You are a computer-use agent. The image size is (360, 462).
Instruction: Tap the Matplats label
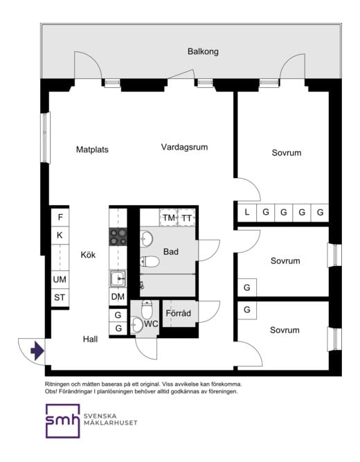92,149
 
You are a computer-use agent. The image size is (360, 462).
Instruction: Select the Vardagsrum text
184,147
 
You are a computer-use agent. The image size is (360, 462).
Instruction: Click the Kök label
88,254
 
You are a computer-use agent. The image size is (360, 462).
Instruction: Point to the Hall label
90,339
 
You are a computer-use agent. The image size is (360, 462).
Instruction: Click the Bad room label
171,252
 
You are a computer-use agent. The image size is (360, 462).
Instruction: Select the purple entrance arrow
37,352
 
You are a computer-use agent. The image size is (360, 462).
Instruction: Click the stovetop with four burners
118,237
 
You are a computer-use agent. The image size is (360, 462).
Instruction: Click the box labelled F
60,217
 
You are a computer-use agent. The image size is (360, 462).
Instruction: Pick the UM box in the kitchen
60,280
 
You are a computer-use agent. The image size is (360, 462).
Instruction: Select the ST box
60,298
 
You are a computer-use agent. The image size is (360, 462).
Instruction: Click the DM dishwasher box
118,297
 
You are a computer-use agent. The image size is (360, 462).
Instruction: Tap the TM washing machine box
169,218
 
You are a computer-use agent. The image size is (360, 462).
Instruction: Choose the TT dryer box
187,218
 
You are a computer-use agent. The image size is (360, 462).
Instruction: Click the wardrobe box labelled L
246,213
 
